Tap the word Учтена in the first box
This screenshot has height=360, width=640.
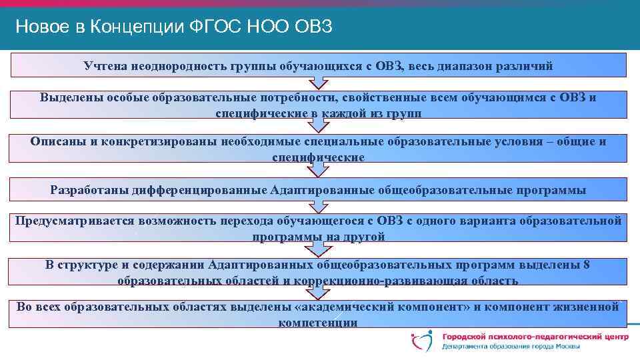(x=105, y=65)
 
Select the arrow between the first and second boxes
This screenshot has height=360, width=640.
(x=319, y=83)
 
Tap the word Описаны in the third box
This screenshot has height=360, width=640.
(x=55, y=141)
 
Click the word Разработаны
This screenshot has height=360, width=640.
(x=89, y=190)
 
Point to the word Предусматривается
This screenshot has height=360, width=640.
(x=74, y=221)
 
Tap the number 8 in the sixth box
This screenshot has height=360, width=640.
(x=586, y=265)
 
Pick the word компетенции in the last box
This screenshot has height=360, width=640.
(x=318, y=323)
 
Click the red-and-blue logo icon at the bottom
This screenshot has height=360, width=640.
(x=422, y=341)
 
